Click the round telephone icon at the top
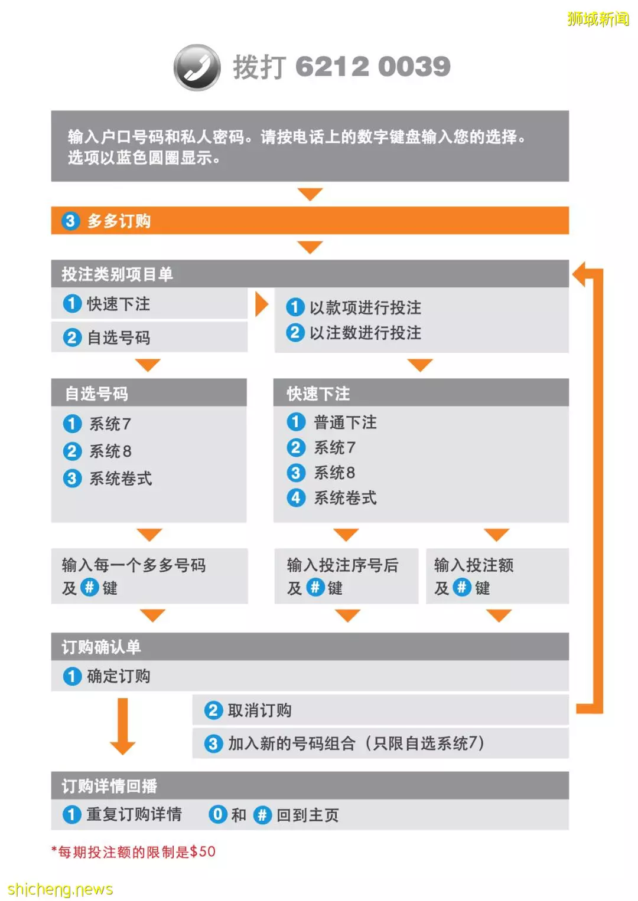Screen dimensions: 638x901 coord(197,68)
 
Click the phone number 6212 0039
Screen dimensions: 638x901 coord(373,66)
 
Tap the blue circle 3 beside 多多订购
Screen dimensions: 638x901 coord(70,221)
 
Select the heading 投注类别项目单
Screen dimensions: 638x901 coord(117,274)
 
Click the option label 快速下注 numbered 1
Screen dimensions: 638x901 coord(118,304)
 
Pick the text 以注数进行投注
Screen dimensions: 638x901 coord(365,333)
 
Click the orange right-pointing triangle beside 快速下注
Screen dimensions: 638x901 coord(262,304)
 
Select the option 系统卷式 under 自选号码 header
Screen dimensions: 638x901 coord(121,479)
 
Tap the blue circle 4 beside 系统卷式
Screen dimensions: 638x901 coord(296,498)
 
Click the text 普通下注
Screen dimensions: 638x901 coord(345,422)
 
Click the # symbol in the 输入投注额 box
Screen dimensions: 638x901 coord(462,587)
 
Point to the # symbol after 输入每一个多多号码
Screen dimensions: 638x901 coord(89,587)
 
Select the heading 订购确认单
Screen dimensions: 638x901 coord(101,647)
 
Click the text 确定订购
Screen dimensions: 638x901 coord(118,677)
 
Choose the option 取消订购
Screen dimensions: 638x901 coord(260,711)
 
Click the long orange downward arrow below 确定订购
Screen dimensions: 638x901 coord(123,726)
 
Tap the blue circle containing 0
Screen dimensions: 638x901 coord(218,814)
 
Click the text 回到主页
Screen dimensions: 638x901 coord(308,815)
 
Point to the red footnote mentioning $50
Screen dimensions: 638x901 coord(134,852)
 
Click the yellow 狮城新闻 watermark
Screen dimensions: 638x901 coord(598,19)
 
